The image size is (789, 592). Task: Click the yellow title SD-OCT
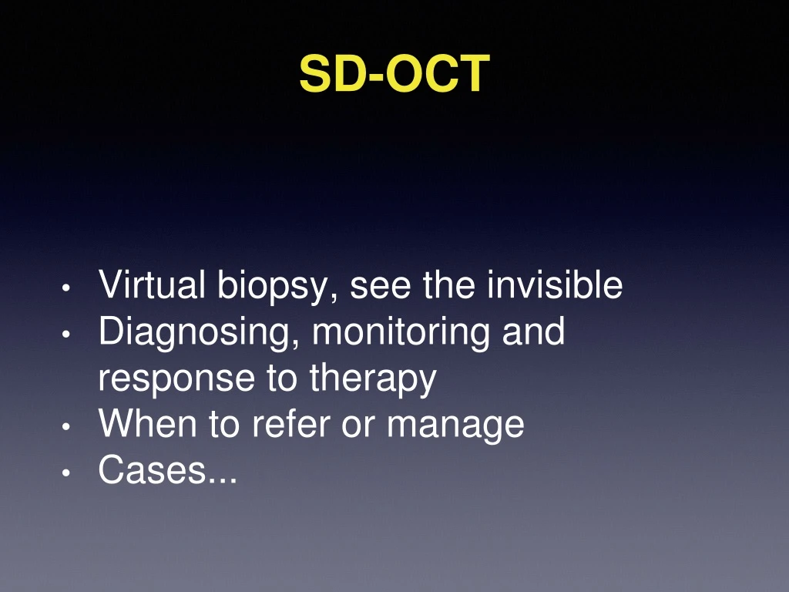pyautogui.click(x=394, y=74)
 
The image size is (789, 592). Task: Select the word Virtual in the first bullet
pyautogui.click(x=152, y=286)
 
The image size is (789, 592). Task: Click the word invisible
pyautogui.click(x=555, y=286)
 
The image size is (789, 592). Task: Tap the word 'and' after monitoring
pyautogui.click(x=534, y=332)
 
